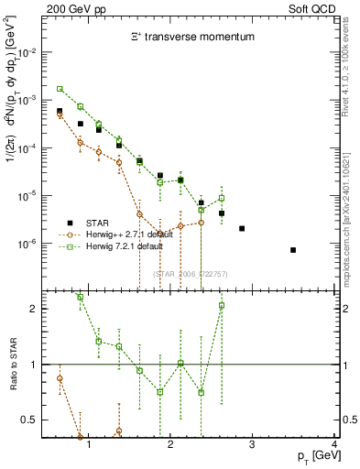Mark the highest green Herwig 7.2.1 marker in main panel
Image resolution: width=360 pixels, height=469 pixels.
(60, 89)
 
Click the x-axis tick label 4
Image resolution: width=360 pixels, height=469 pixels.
(334, 446)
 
